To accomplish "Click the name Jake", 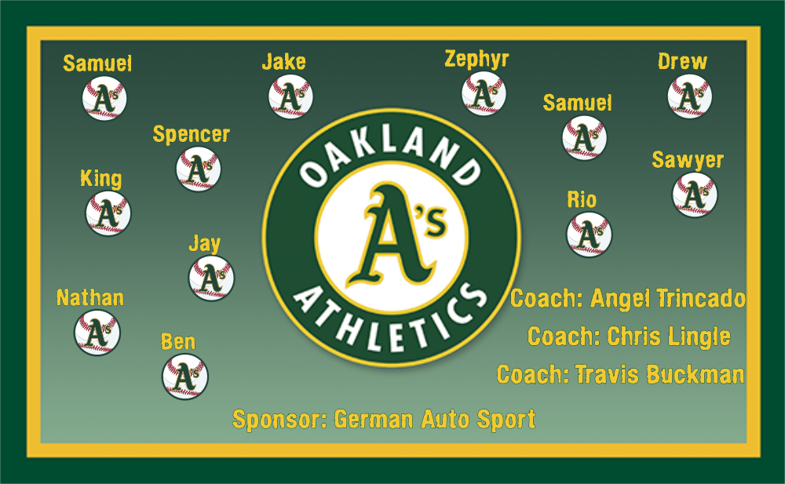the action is [x=284, y=61].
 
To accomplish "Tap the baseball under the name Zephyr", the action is [x=484, y=93].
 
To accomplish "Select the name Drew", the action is [x=682, y=61].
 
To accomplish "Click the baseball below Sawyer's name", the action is [x=695, y=195].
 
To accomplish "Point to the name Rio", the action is [x=582, y=200].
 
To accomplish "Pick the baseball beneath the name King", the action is [x=108, y=213].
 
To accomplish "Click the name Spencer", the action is [x=192, y=135].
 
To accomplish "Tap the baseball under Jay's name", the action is [x=211, y=278].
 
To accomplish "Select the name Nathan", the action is [x=90, y=298].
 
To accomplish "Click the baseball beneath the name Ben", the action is [x=184, y=377].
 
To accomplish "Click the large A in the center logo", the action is [x=388, y=236].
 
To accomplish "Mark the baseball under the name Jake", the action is [x=291, y=96].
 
